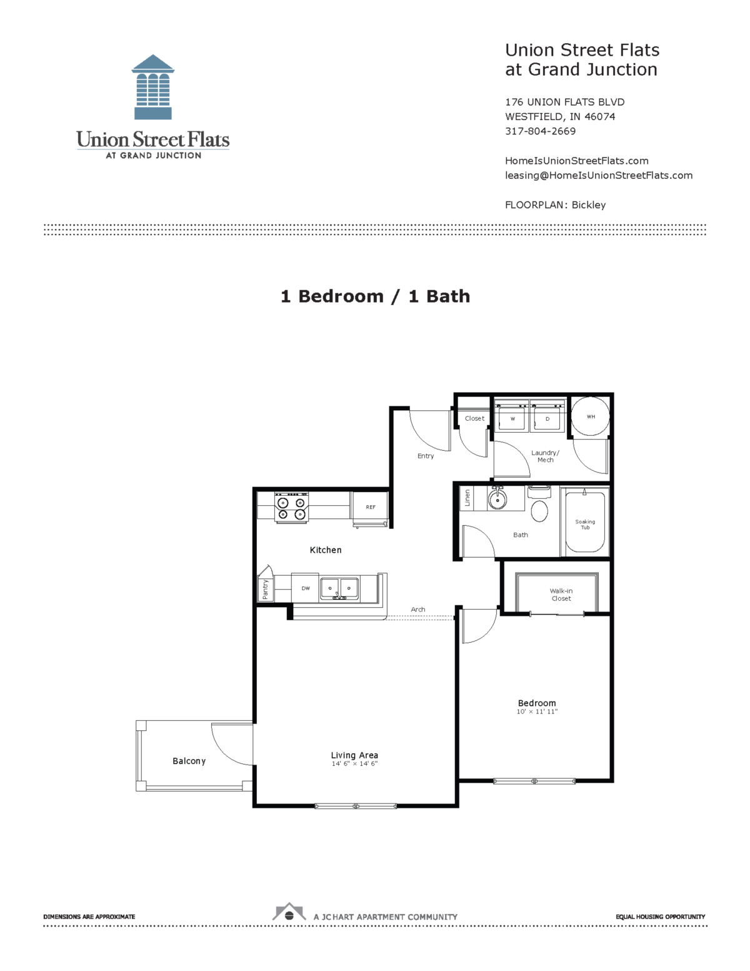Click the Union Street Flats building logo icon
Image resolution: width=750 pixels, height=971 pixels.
tap(153, 87)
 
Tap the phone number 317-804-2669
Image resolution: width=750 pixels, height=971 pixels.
tap(540, 131)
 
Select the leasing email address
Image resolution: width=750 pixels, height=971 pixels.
tap(598, 176)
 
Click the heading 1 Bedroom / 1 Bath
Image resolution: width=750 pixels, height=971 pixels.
tap(375, 296)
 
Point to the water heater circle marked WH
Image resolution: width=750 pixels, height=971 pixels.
tap(590, 417)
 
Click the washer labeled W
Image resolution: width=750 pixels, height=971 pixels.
tap(512, 418)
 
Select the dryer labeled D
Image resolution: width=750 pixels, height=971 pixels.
tap(547, 418)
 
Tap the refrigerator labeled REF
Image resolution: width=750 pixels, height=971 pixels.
tap(371, 507)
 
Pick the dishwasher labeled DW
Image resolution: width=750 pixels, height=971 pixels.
tap(306, 588)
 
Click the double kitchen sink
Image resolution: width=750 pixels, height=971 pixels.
tap(339, 588)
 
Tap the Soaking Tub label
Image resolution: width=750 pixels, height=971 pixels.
tap(585, 525)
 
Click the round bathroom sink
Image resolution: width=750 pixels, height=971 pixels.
tap(497, 500)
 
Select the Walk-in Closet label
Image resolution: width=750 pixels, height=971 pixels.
tap(561, 595)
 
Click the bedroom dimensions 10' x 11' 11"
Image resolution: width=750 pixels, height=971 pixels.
tap(537, 712)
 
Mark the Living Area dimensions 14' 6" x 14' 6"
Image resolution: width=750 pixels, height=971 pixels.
tap(354, 763)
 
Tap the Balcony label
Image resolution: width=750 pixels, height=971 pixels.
tap(189, 761)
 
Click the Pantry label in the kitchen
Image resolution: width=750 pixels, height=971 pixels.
tap(265, 589)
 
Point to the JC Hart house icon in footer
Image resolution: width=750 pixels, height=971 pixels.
tap(289, 913)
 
